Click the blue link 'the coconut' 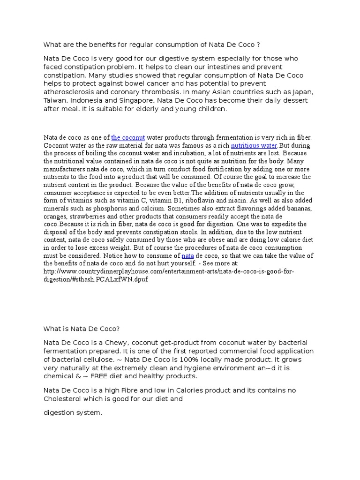coord(128,137)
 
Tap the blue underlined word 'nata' coord(187,256)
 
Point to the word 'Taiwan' coord(55,100)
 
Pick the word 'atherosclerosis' coord(70,92)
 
